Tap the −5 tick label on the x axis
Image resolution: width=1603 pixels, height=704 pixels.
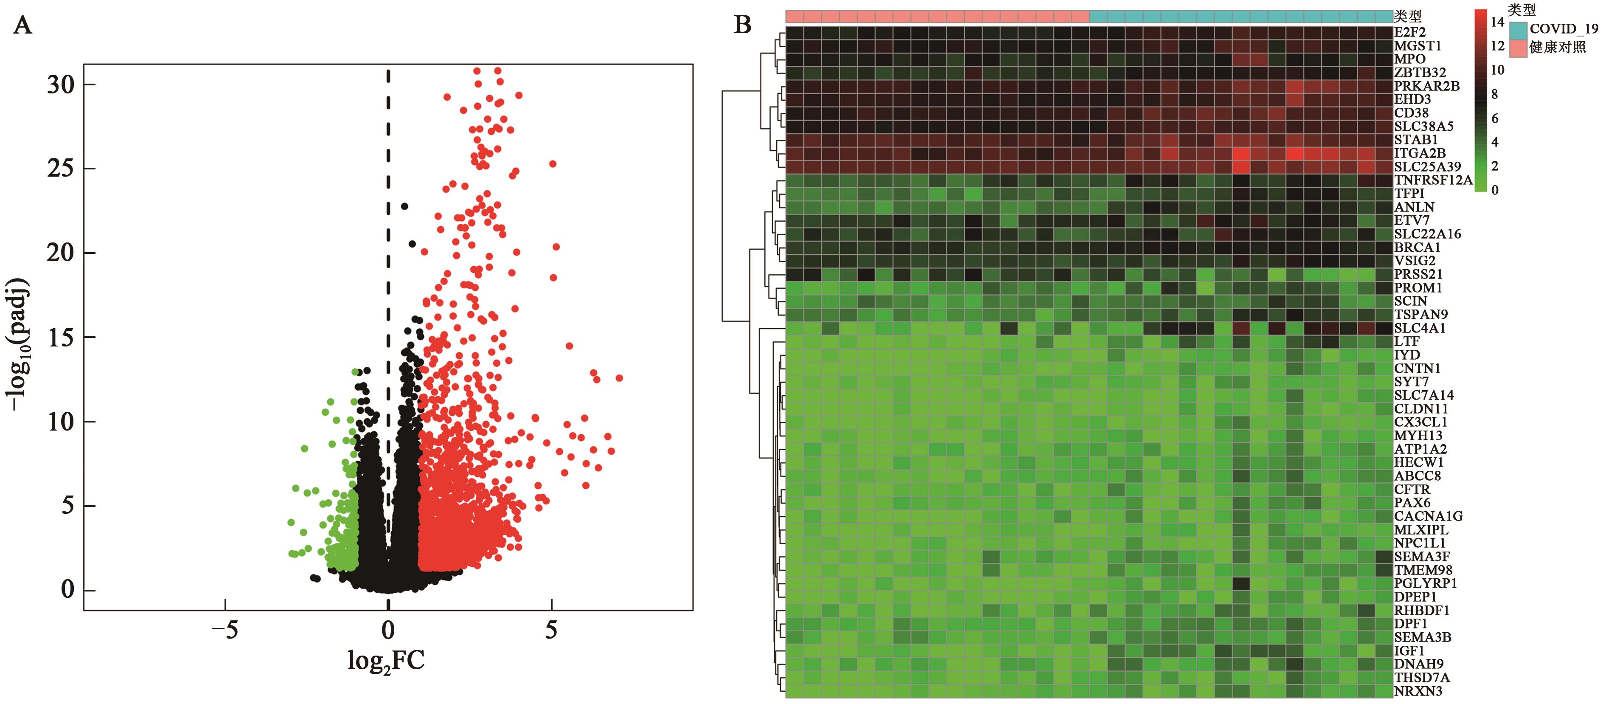(224, 631)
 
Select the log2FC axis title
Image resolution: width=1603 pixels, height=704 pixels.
(386, 660)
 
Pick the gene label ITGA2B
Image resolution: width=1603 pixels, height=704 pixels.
(1419, 153)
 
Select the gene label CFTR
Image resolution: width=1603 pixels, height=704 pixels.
(1412, 489)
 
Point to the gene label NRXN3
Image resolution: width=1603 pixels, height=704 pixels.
(1418, 691)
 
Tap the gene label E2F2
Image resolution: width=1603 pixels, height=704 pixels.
(1409, 32)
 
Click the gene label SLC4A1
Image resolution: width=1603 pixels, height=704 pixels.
(1419, 328)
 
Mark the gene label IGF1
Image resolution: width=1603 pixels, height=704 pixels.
(1409, 650)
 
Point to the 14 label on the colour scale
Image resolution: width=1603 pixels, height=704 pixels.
(1497, 22)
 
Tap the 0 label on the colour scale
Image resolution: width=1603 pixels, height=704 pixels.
(1495, 190)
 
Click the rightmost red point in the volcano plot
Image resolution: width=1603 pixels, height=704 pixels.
(618, 378)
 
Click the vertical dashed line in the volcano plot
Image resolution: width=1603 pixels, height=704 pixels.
(388, 311)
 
